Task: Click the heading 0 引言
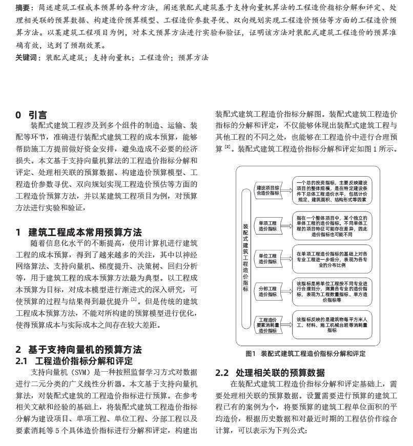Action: click(31, 115)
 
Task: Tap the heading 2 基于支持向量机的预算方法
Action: click(78, 350)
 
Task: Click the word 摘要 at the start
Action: click(23, 8)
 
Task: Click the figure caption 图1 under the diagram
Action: click(305, 354)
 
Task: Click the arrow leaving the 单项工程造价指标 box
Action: click(287, 226)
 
